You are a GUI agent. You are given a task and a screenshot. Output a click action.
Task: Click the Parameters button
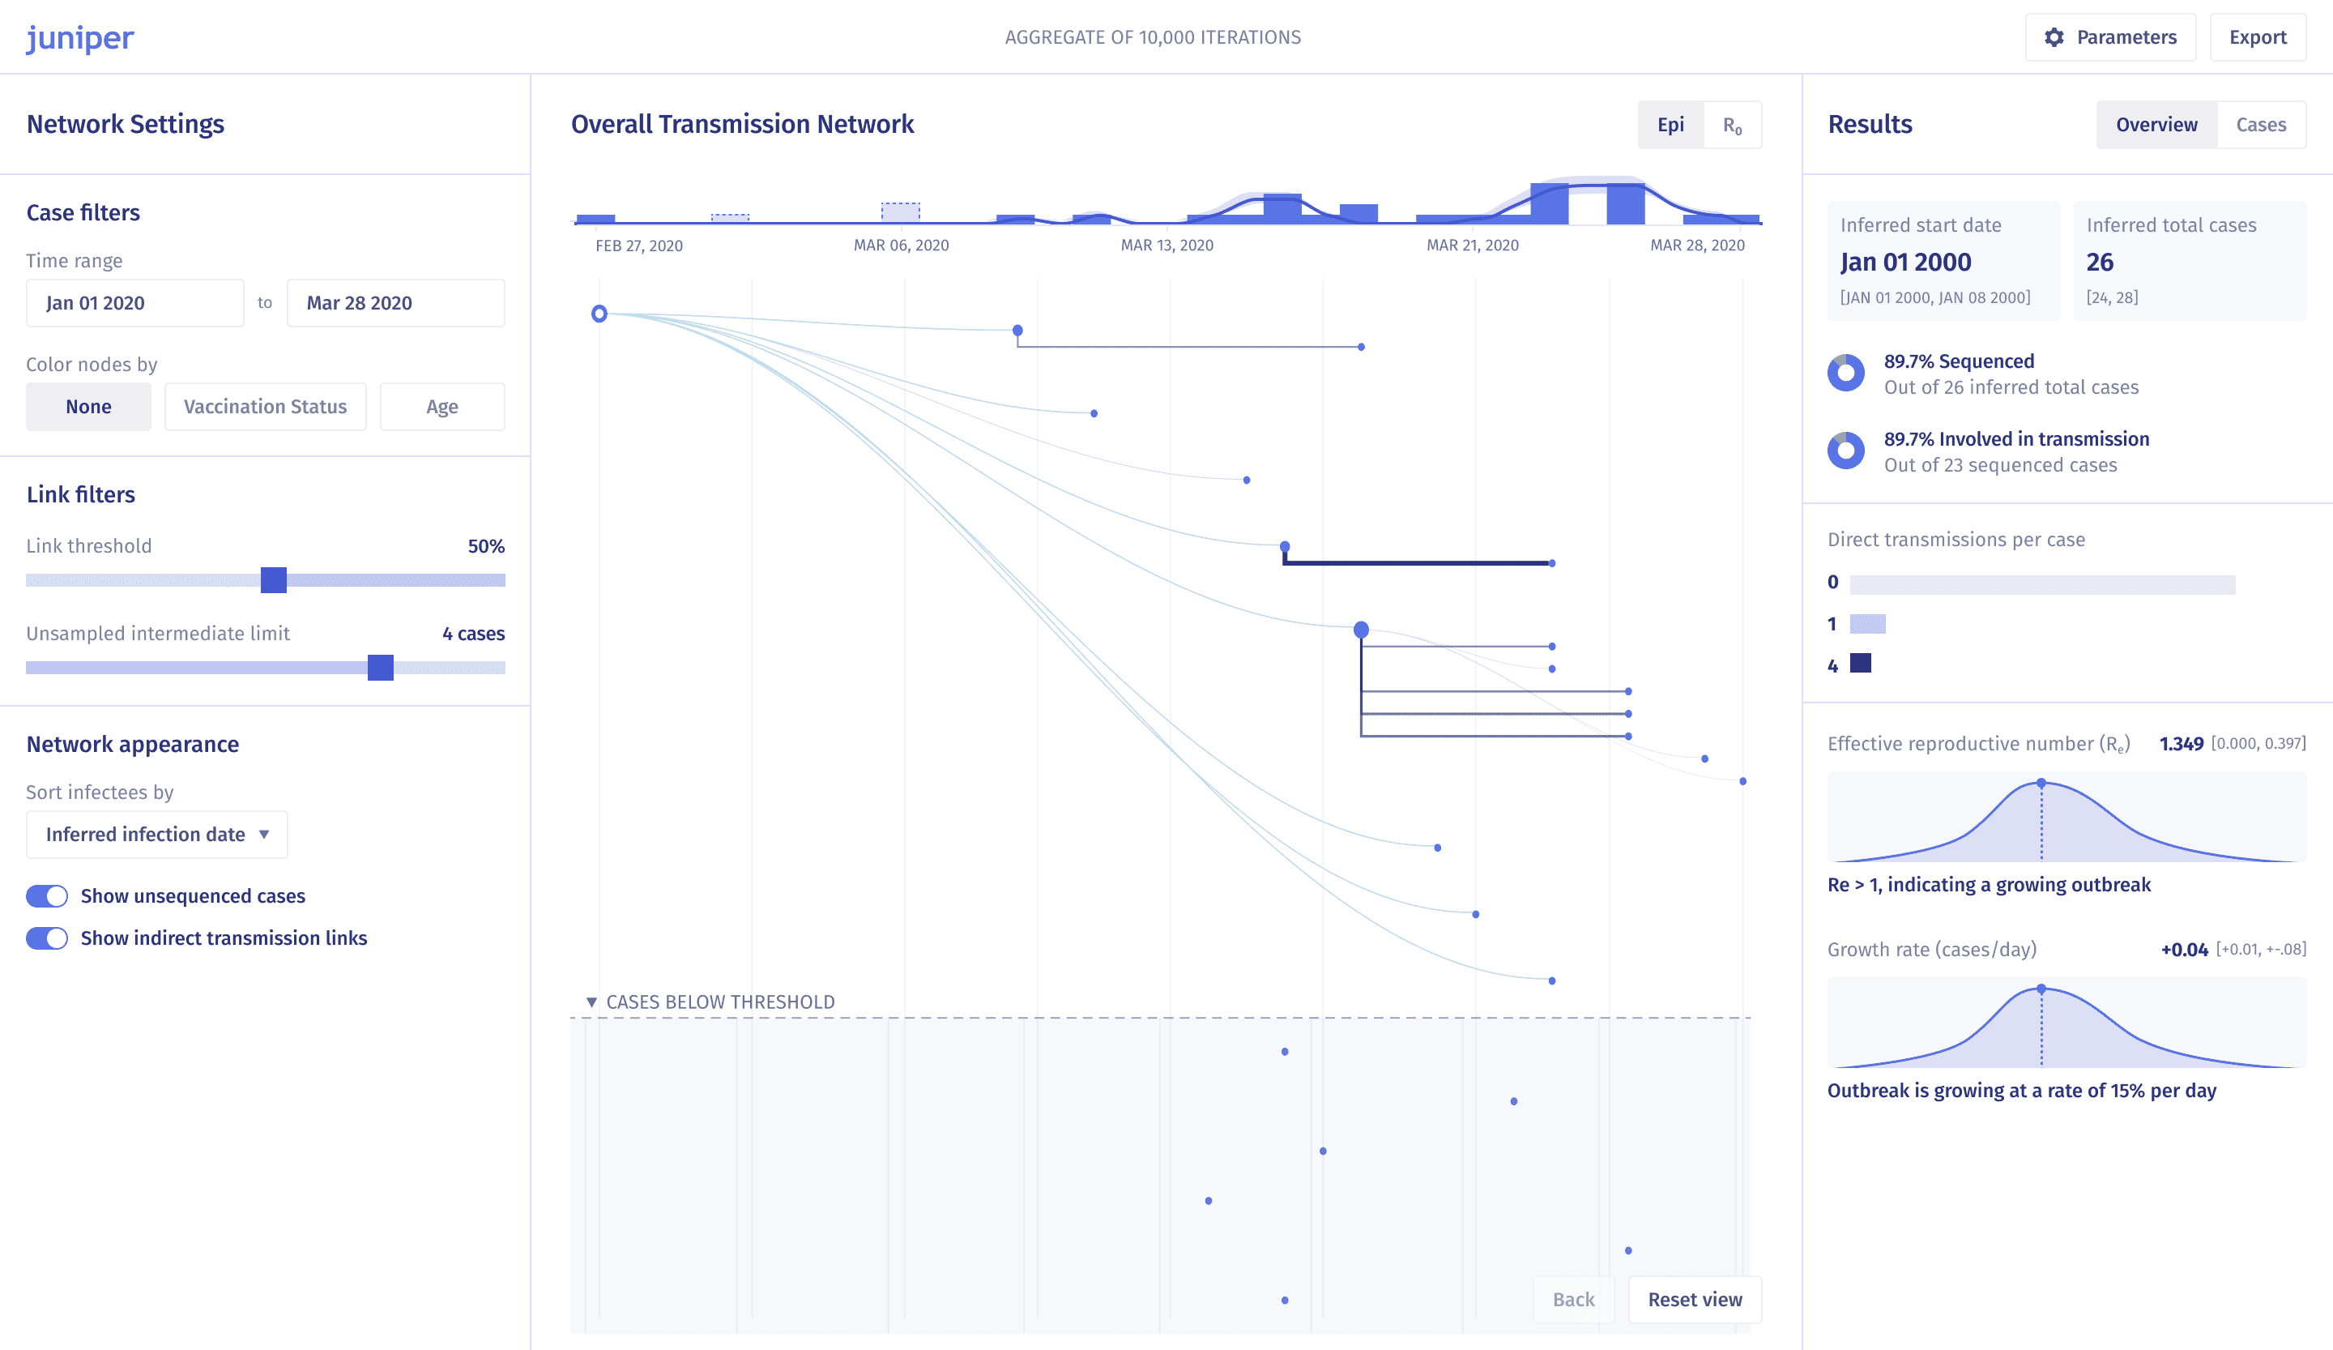2110,37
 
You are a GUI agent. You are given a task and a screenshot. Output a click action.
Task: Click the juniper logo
79,38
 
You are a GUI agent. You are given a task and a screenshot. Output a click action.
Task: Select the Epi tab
1670,125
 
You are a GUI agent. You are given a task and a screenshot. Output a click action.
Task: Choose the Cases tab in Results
2261,125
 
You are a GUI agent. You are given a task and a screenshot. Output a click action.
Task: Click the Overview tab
2156,125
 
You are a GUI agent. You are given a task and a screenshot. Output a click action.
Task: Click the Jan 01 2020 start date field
135,303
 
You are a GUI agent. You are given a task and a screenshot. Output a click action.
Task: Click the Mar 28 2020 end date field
396,303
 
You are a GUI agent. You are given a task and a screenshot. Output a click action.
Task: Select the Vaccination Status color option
266,407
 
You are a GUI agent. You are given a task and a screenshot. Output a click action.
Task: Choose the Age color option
442,407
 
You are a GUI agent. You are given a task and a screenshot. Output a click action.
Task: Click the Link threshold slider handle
274,580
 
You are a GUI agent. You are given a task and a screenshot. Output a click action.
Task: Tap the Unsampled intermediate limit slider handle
381,668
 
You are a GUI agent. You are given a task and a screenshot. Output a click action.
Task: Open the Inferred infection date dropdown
157,835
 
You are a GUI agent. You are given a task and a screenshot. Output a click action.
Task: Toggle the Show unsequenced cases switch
47,896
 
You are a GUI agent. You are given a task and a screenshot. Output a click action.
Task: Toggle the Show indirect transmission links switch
47,938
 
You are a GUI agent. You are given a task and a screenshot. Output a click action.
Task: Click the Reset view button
1695,1299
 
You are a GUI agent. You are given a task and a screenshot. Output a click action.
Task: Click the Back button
1574,1299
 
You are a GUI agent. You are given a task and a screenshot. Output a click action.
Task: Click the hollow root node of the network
599,314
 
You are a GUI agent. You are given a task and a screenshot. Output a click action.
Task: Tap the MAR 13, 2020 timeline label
1166,246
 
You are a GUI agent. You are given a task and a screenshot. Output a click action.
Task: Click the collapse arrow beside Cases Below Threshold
591,1002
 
